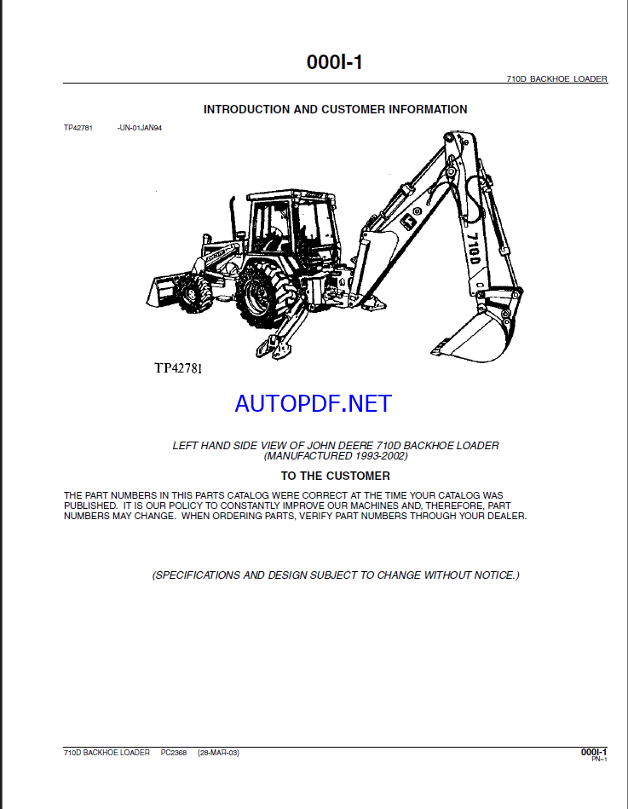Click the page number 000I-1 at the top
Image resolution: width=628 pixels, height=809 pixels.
335,62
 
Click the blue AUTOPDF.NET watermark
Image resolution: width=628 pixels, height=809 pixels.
313,403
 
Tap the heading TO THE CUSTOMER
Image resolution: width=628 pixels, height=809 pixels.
335,476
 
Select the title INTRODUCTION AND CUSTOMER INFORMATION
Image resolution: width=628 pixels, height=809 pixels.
335,109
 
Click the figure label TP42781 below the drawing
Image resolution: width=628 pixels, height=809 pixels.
178,368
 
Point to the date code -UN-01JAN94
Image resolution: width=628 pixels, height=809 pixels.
139,127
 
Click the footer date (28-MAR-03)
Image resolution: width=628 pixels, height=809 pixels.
218,753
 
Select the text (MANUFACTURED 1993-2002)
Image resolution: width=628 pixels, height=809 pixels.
336,456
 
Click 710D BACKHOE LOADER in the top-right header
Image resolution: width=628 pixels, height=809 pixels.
556,78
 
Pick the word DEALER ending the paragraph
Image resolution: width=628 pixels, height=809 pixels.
506,516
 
